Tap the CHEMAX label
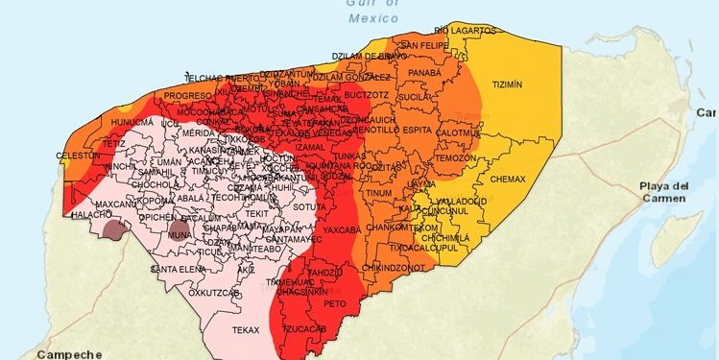(508, 180)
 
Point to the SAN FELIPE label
(423, 45)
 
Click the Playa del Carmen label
(665, 191)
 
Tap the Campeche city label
(70, 351)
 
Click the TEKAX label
(246, 329)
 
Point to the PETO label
(334, 302)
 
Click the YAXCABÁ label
(342, 231)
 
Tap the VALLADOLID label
(463, 201)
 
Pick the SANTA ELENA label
(179, 268)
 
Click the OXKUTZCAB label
(213, 292)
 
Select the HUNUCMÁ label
(132, 123)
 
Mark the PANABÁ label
(424, 72)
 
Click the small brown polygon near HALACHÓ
(114, 228)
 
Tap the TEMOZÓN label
(455, 157)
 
